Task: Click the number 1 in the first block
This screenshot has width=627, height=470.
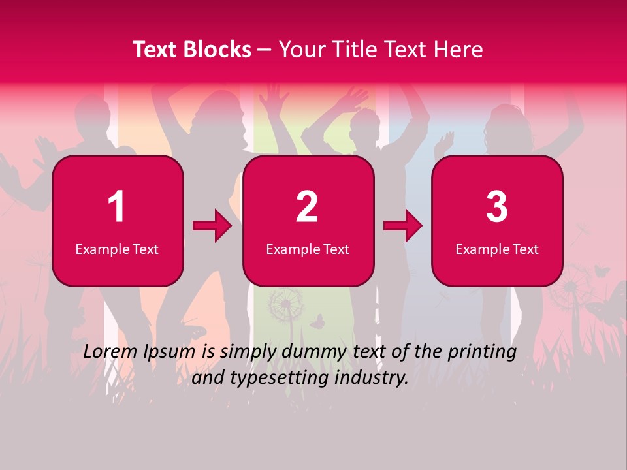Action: tap(116, 207)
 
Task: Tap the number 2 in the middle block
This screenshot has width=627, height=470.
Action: tap(307, 207)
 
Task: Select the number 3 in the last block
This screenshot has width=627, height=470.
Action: tap(497, 207)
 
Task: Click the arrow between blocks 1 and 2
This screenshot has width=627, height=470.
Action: tap(212, 227)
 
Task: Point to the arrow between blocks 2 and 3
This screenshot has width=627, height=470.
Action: tap(403, 227)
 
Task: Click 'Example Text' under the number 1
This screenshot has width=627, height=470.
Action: tap(117, 249)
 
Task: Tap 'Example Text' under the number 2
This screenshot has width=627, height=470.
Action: tap(308, 249)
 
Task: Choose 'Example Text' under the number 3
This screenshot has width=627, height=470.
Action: tap(497, 249)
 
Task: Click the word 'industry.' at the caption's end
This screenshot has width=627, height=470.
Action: tap(374, 378)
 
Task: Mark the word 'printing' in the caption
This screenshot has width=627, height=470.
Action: tap(482, 352)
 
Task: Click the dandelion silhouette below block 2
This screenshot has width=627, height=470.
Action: tap(286, 304)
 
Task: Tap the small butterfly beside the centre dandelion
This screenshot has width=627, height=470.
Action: tap(317, 321)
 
